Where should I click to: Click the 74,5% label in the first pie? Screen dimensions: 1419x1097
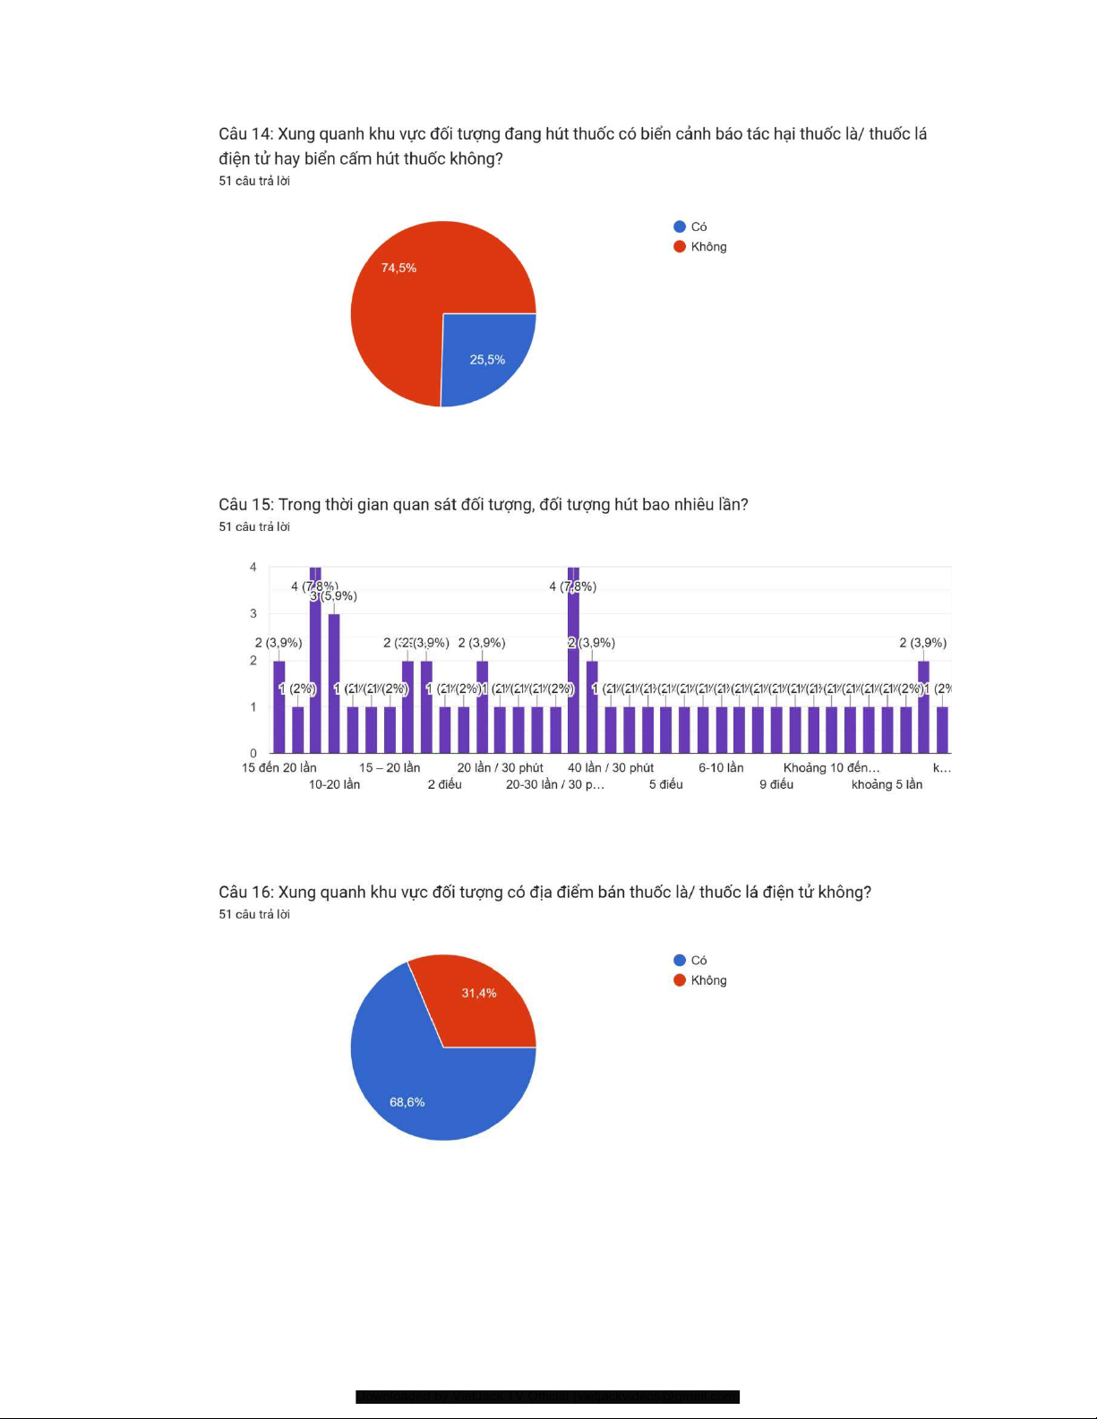[x=399, y=268]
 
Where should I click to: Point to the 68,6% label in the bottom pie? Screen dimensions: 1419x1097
[x=407, y=1102]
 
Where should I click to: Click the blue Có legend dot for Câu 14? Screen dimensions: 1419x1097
[x=680, y=227]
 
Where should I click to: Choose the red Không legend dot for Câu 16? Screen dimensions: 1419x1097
[x=680, y=980]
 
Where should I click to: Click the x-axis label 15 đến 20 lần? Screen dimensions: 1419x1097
[x=279, y=768]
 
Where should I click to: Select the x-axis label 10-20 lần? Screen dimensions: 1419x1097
[x=334, y=784]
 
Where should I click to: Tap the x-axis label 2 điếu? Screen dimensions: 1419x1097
[x=444, y=784]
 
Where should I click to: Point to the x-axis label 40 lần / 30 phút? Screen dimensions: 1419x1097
[x=611, y=768]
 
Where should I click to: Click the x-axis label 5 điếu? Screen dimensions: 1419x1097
[x=665, y=784]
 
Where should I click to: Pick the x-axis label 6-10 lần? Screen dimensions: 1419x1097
[x=721, y=768]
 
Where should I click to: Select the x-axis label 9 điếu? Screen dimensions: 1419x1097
[x=776, y=784]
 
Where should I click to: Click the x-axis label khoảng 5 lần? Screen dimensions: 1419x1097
[x=887, y=784]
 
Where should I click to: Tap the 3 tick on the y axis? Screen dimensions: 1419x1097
[x=253, y=613]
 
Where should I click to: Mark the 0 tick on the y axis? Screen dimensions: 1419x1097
[x=253, y=753]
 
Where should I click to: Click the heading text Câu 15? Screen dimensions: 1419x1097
[x=245, y=505]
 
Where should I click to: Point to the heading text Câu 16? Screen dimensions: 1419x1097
[x=245, y=893]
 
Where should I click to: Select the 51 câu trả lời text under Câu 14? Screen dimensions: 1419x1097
[x=254, y=181]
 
